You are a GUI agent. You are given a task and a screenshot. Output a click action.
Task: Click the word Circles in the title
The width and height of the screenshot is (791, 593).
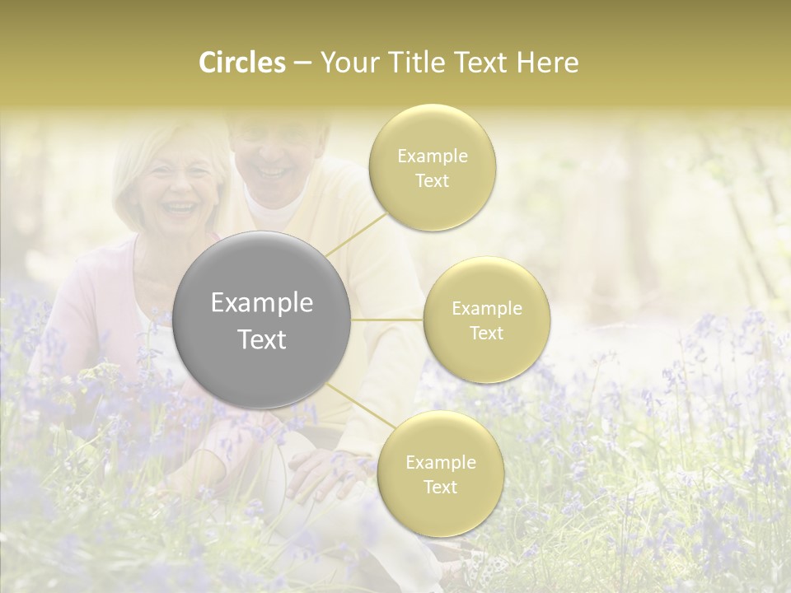[x=242, y=63]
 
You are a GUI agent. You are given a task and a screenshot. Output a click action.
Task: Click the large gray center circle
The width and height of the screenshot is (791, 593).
[x=262, y=320]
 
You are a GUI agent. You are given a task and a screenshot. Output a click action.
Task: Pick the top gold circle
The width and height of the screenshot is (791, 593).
[x=433, y=167]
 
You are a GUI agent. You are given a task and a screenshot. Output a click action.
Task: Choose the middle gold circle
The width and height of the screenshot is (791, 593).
[x=487, y=320]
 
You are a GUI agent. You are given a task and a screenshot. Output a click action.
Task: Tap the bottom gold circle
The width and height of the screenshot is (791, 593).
[x=440, y=474]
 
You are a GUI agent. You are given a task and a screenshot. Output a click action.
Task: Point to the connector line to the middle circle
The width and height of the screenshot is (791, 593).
[x=386, y=320]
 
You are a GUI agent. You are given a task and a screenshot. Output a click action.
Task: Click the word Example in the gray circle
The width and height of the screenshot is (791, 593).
[x=262, y=303]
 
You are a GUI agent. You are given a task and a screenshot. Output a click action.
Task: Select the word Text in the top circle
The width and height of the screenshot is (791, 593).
[x=433, y=180]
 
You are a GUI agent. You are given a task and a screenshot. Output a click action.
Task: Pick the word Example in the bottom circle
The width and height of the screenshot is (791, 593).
[x=440, y=462]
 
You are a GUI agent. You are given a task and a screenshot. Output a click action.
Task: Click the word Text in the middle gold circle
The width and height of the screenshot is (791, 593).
[x=487, y=333]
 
